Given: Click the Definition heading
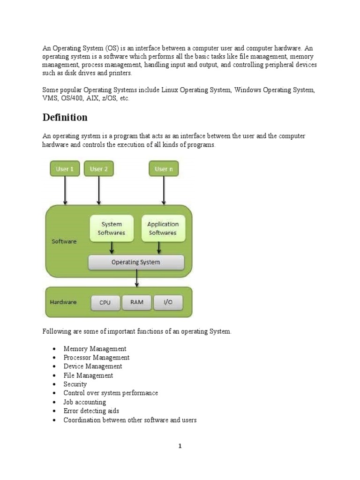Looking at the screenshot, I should point(65,117).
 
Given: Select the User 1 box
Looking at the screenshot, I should point(65,169).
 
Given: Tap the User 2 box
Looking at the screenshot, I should point(98,169).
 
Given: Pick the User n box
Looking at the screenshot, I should point(164,169).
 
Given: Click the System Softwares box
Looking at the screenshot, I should point(112,228).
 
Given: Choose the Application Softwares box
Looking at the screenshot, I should point(163,228).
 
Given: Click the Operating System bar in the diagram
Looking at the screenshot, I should point(136,262).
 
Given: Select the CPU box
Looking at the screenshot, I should point(105,302).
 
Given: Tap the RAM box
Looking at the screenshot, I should point(137,302).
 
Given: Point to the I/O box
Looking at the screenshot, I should point(168,302).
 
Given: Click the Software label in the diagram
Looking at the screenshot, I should point(64,241).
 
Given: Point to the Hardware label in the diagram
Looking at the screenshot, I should point(63,302).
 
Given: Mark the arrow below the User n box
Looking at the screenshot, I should point(164,190).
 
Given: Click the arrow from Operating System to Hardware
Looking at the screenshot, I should point(136,278).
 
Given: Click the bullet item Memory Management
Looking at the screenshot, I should point(95,349).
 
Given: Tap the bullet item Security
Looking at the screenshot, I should point(75,384).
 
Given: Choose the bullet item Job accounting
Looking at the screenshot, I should point(84,402).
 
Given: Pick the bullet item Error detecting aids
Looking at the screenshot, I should point(91,411).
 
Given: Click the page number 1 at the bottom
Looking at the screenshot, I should point(180,446).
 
